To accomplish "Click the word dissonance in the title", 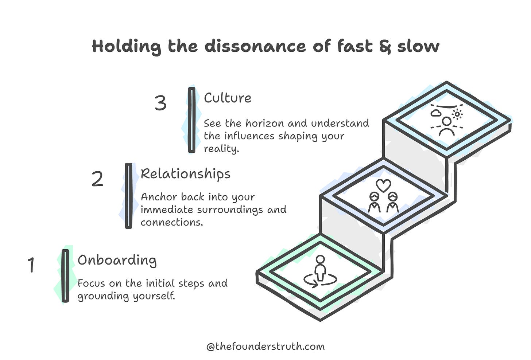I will (x=256, y=47).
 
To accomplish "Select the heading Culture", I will (x=228, y=98).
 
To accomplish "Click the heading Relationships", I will (x=185, y=174).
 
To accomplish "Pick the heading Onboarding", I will (x=117, y=260).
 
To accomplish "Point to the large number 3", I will (x=160, y=103).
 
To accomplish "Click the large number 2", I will (x=97, y=179).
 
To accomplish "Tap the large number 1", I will (x=31, y=265).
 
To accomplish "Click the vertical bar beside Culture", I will (x=191, y=120).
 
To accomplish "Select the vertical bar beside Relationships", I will (x=128, y=196).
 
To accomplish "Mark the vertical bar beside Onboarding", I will (x=65, y=276).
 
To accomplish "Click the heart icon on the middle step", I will (x=383, y=185).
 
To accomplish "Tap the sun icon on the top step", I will (x=457, y=114).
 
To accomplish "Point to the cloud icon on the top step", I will (x=435, y=113).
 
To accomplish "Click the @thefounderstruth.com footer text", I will (x=265, y=346).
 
